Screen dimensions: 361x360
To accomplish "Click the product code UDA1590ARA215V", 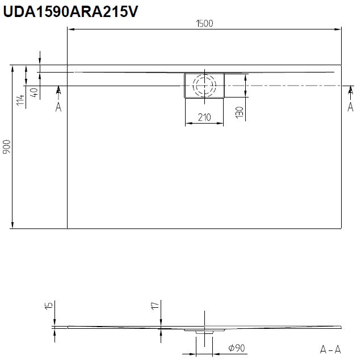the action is (x=70, y=11).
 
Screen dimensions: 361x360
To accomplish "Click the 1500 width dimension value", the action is (x=204, y=23).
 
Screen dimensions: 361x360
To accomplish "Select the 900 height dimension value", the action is (x=7, y=147).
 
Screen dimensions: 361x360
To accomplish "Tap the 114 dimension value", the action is (x=20, y=100).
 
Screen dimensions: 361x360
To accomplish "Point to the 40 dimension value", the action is (x=34, y=92).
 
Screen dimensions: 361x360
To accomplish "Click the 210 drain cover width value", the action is (x=204, y=117).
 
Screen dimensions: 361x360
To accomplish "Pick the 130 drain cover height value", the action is (x=240, y=112).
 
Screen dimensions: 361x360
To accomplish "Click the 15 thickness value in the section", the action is (x=49, y=306).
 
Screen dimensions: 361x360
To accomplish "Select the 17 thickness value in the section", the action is (x=155, y=306).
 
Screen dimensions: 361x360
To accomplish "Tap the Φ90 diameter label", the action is (x=237, y=348).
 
